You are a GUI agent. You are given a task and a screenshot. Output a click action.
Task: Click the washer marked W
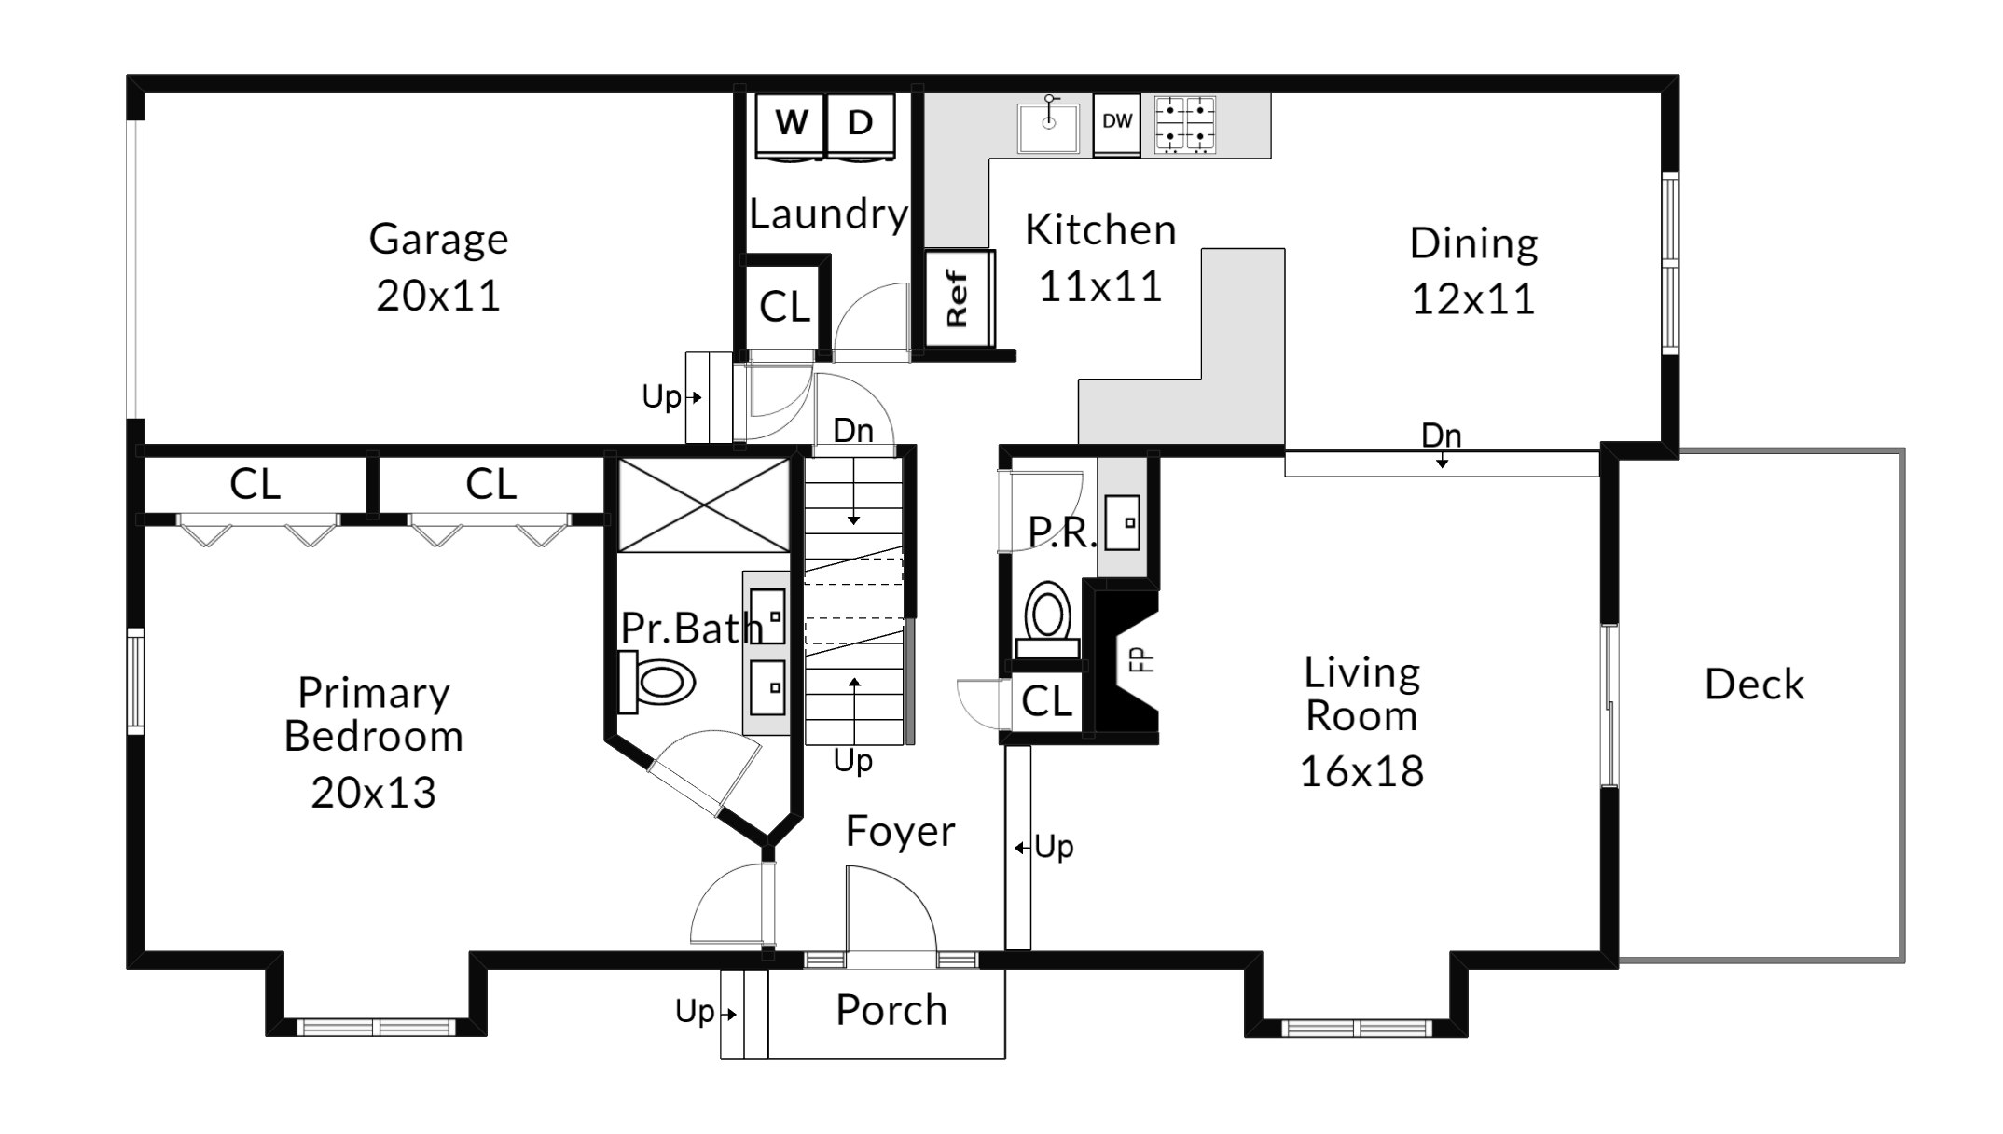[x=791, y=127]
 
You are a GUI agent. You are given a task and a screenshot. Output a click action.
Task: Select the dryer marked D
[x=861, y=127]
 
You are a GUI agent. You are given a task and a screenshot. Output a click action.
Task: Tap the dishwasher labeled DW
[x=1117, y=123]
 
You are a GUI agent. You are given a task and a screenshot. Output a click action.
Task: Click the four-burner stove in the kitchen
[x=1185, y=124]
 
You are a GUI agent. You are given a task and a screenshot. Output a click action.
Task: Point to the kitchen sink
[x=1048, y=126]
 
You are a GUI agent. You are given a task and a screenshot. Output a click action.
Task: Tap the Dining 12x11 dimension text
[x=1473, y=299]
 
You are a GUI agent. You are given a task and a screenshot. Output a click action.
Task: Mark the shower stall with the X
[x=704, y=505]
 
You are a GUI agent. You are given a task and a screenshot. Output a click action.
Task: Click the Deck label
[x=1754, y=685]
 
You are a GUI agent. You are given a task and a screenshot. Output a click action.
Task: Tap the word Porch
[x=891, y=1010]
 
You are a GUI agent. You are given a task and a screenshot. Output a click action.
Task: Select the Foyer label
[x=900, y=831]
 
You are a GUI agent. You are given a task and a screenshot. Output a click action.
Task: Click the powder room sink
[x=1123, y=522]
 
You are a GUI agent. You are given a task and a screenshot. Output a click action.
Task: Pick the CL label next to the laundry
[x=784, y=307]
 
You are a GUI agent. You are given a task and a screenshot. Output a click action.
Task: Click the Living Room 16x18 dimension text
[x=1361, y=771]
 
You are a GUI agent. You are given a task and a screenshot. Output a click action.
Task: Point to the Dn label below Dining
[x=1441, y=436]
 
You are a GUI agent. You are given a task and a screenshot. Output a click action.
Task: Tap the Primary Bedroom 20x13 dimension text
[x=373, y=793]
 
